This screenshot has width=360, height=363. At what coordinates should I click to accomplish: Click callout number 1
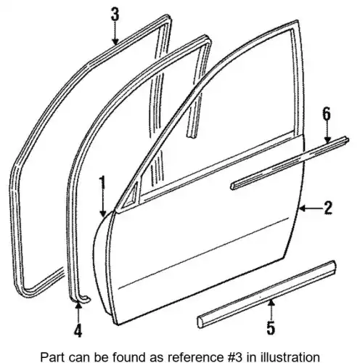pyautogui.click(x=103, y=183)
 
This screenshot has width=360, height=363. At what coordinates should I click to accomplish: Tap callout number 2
pyautogui.click(x=328, y=208)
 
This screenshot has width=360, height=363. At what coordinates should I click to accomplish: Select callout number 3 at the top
pyautogui.click(x=115, y=14)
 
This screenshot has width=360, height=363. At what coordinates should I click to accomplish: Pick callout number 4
pyautogui.click(x=78, y=330)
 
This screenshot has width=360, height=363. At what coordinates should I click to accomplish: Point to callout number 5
pyautogui.click(x=271, y=328)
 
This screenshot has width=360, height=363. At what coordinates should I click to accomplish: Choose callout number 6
pyautogui.click(x=327, y=114)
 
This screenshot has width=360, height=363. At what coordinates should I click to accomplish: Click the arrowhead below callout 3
pyautogui.click(x=115, y=41)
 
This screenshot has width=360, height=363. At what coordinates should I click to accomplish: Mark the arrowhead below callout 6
pyautogui.click(x=327, y=140)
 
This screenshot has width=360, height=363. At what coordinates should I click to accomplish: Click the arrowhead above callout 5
pyautogui.click(x=271, y=303)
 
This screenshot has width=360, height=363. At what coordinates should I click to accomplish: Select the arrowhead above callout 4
pyautogui.click(x=78, y=306)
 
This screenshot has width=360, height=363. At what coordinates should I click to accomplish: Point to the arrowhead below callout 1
pyautogui.click(x=103, y=213)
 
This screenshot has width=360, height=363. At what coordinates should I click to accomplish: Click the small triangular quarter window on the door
pyautogui.click(x=130, y=195)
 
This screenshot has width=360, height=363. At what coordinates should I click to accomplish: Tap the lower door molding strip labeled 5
pyautogui.click(x=266, y=294)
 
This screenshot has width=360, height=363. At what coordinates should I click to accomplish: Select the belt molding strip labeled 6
pyautogui.click(x=290, y=163)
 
